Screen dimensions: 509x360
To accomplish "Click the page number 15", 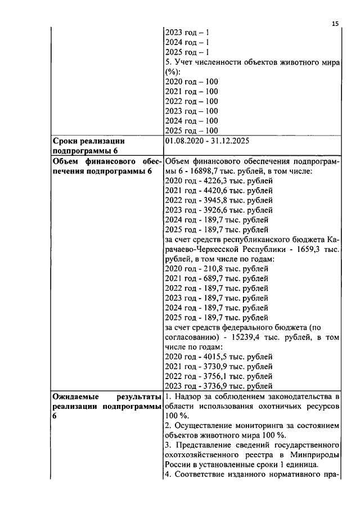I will tap(335, 23).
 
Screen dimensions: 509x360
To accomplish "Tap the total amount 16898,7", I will tap(206, 170).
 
